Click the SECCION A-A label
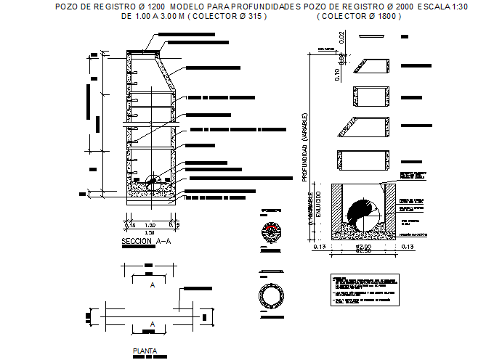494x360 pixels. [x=145, y=241]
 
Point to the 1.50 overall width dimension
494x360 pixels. [x=151, y=232]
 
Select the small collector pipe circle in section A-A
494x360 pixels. [x=153, y=181]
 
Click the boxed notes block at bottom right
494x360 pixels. [x=366, y=293]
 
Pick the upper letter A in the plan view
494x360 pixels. [x=152, y=286]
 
